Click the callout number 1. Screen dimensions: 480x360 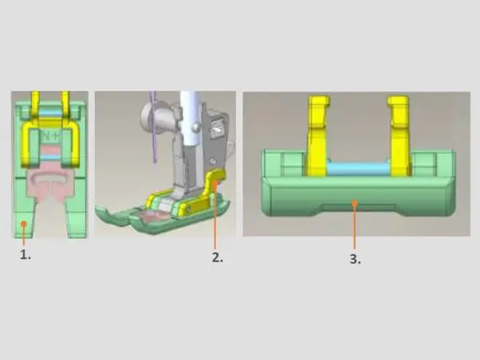(x=26, y=254)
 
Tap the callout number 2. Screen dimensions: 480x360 (x=218, y=258)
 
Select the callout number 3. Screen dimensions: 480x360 (x=355, y=259)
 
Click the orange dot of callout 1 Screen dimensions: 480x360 (x=23, y=224)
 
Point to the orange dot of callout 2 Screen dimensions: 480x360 (x=215, y=182)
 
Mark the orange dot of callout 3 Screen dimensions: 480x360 (x=354, y=202)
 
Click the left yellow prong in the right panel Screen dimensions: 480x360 (x=318, y=136)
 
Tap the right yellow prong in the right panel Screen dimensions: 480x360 (x=399, y=136)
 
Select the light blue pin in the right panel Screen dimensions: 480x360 (x=358, y=168)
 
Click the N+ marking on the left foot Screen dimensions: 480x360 (x=51, y=137)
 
